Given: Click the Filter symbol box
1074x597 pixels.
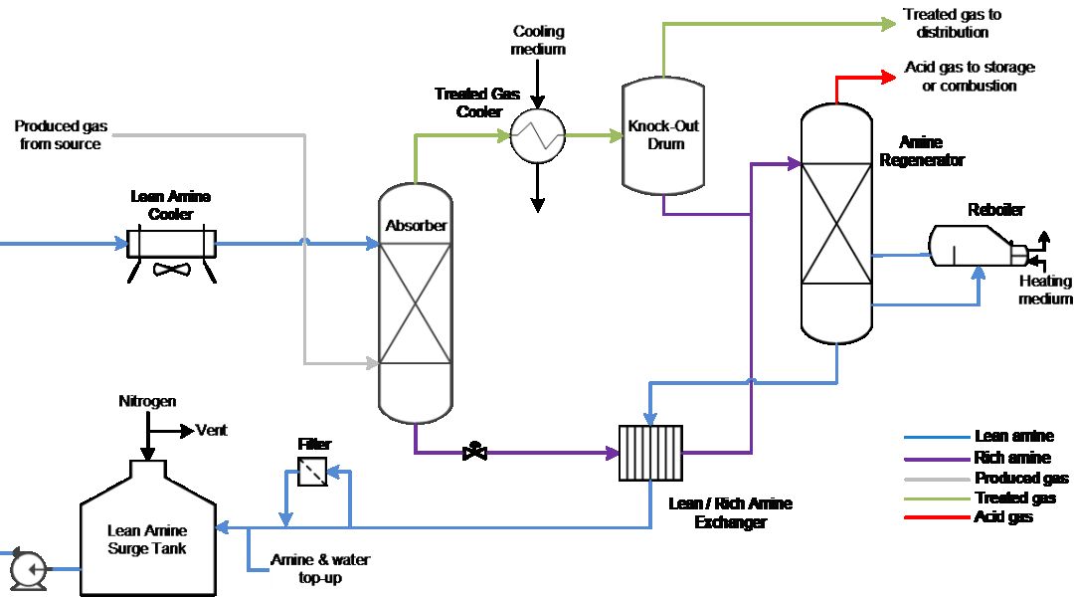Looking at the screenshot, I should (313, 473).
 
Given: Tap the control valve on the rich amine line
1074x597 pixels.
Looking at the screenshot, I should (475, 453).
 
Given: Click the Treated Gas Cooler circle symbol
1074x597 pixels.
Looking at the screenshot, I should (537, 135).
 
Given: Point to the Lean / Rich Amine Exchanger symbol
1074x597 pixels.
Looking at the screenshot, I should (650, 454).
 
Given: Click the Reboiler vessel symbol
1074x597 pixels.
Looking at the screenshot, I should (970, 246).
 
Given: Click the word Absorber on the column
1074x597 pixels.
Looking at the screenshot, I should (416, 226).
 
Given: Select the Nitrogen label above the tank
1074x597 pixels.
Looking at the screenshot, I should (146, 401).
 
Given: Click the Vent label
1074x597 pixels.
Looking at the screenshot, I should (211, 430).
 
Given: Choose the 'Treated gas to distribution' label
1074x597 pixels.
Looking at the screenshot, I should (952, 23).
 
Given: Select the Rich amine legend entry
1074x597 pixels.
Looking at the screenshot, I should (1012, 458).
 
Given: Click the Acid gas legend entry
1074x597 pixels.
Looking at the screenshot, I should (1005, 516).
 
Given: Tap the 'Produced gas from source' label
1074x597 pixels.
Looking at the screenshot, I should (61, 135).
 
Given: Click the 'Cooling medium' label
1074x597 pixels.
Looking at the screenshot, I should (538, 41).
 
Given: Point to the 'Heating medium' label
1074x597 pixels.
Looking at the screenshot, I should (1045, 290).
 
